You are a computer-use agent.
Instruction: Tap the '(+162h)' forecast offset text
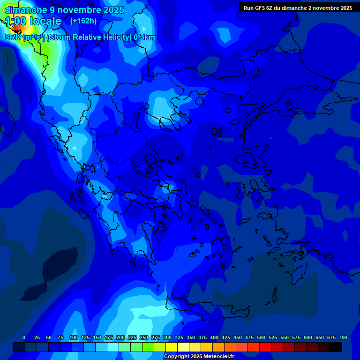click(83, 21)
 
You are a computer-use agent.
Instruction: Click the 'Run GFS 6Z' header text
click(258, 8)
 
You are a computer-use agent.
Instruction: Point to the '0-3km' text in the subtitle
click(144, 37)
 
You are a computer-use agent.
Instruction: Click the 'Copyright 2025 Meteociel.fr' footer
click(199, 357)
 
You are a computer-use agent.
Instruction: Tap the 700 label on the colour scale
click(343, 338)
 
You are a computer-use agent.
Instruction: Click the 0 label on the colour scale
click(24, 338)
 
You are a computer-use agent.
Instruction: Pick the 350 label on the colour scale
click(191, 338)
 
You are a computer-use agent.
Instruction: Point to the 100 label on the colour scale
click(74, 338)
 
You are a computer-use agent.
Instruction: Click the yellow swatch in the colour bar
click(172, 347)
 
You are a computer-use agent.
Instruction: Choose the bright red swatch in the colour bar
click(265, 347)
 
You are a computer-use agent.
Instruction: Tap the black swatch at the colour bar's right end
click(336, 347)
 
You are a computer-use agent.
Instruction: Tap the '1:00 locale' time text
click(33, 21)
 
